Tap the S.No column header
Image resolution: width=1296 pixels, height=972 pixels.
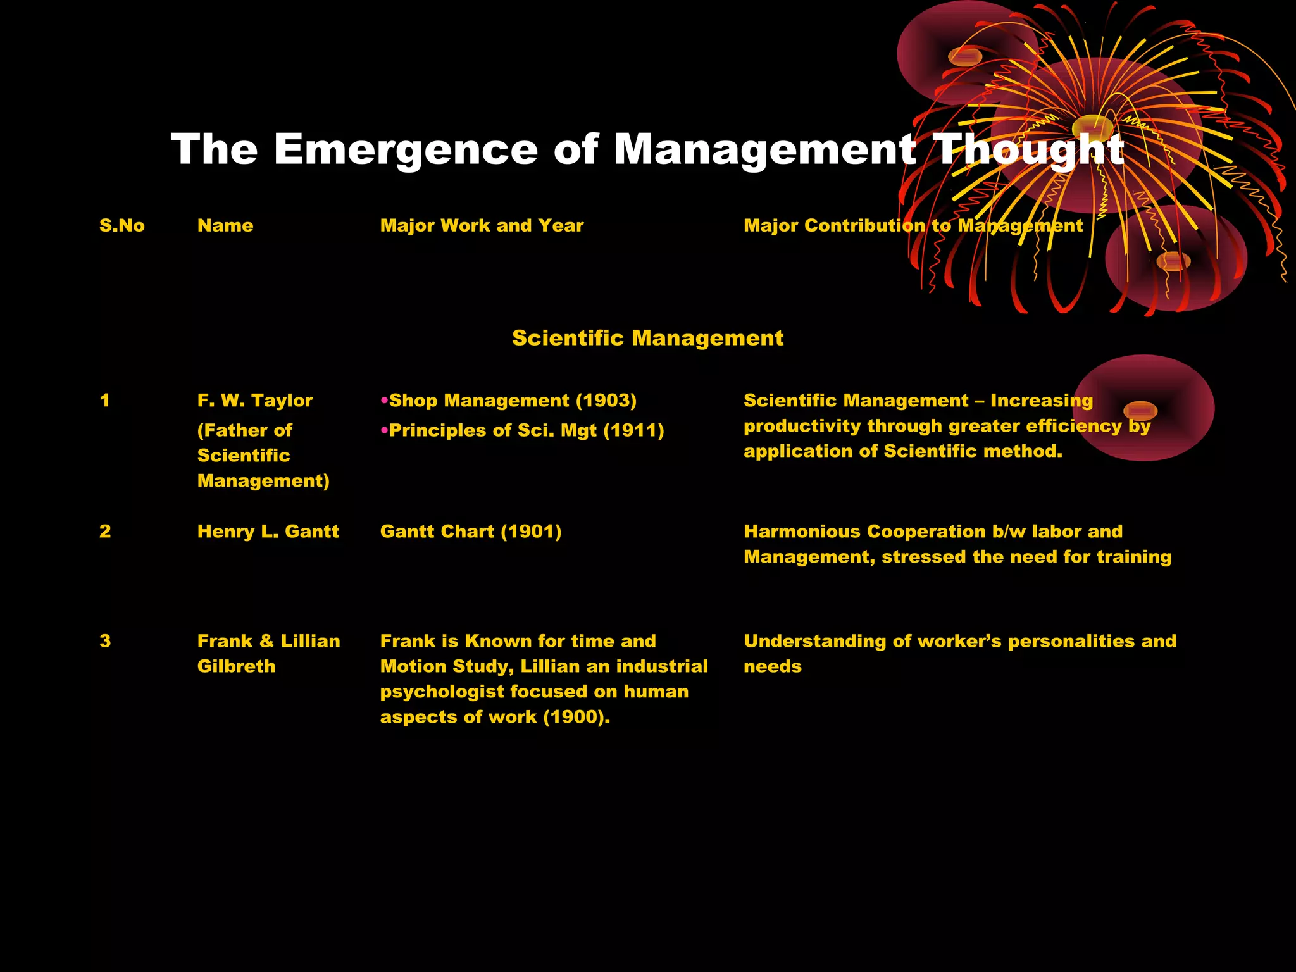coord(121,226)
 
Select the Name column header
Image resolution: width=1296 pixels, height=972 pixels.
coord(225,226)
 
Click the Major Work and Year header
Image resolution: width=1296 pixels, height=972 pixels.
coord(482,226)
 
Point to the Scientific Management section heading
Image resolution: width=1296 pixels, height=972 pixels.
coord(647,338)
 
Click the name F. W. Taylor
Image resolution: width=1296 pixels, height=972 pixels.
coord(254,401)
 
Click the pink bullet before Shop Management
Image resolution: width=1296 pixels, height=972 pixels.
coord(384,401)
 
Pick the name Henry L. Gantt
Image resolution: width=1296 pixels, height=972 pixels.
coord(268,532)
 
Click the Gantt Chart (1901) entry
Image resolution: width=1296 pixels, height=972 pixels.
coord(470,532)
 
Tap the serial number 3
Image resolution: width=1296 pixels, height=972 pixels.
coord(105,641)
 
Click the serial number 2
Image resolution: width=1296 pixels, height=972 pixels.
coord(105,532)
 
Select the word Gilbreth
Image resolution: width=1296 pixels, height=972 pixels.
coord(236,666)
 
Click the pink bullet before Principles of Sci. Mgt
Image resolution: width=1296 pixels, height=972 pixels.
coord(384,430)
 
